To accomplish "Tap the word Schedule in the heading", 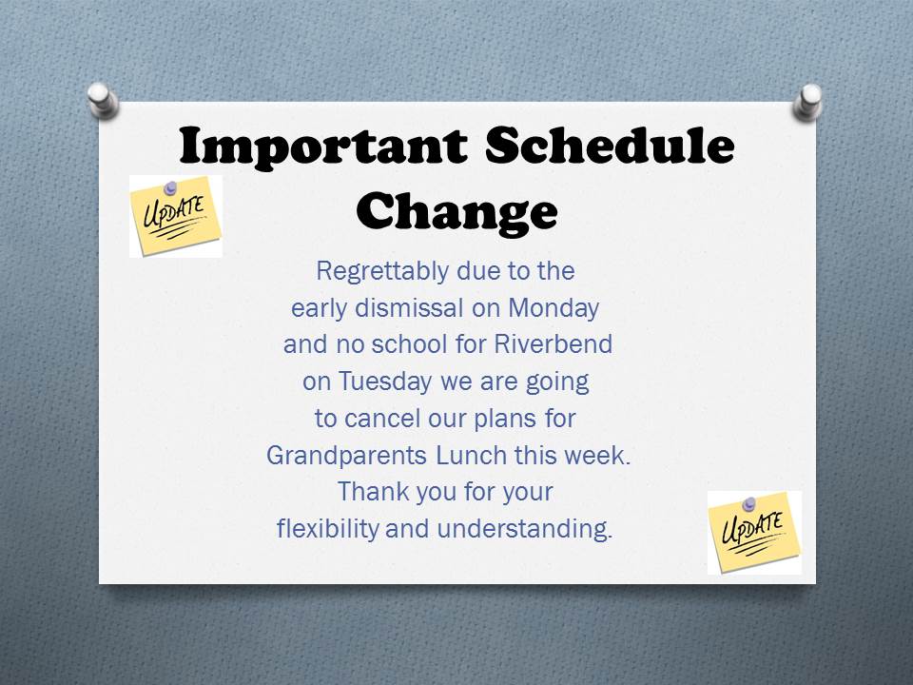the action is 610,145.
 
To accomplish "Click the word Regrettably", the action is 382,272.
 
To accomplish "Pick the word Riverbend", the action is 554,343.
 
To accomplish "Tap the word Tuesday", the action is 385,382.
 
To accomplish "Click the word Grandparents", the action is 346,456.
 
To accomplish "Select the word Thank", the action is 373,491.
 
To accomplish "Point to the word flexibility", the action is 328,529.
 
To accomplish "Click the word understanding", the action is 525,529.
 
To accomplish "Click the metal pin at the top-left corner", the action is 103,100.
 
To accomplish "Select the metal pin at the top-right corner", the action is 807,102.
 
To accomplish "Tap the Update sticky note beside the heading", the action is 176,217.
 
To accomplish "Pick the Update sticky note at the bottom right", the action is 754,533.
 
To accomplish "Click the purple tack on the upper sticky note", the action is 170,187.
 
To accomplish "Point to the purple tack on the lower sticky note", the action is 748,503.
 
